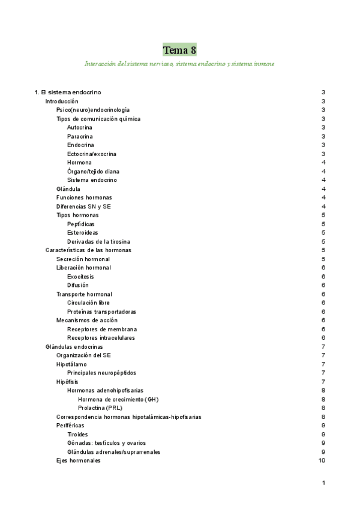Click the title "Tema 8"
[x=180, y=49]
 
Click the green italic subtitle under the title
[x=179, y=63]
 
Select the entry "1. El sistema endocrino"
[x=68, y=92]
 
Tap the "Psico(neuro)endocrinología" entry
[x=92, y=110]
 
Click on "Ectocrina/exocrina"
[x=92, y=154]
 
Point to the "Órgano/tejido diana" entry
[x=93, y=171]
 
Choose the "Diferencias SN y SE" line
[x=83, y=206]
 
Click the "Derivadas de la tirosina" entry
[x=98, y=241]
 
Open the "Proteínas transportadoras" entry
[x=101, y=312]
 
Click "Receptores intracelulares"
[x=101, y=338]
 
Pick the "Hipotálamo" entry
[x=71, y=364]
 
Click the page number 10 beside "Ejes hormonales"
[x=322, y=460]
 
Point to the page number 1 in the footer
[x=323, y=483]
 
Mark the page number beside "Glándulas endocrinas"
[x=323, y=347]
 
